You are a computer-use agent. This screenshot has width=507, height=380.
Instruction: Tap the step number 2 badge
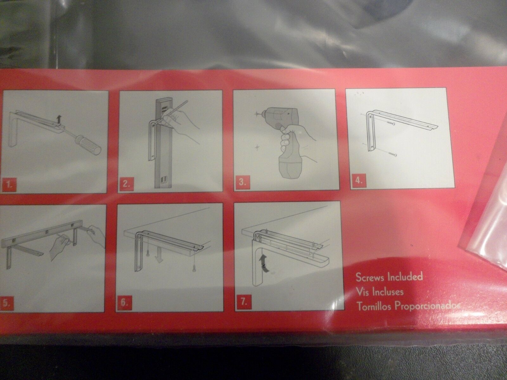click(126, 184)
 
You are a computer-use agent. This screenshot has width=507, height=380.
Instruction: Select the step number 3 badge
click(242, 183)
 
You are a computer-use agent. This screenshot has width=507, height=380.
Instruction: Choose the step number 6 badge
click(124, 302)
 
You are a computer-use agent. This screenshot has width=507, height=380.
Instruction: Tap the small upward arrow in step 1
click(59, 120)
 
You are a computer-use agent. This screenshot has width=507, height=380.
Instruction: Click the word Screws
click(370, 277)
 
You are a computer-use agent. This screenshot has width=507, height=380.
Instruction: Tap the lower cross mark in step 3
click(257, 148)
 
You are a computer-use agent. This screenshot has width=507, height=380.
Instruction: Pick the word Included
click(405, 277)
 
